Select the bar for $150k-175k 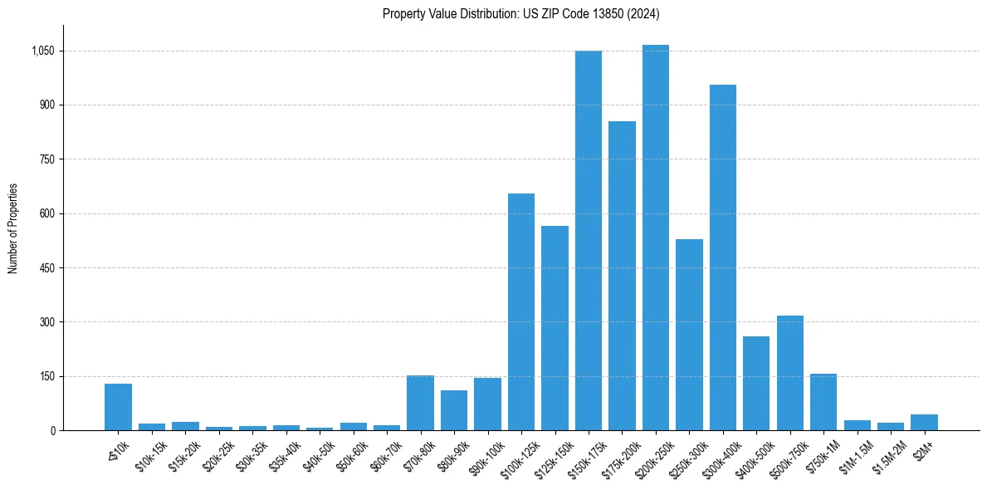(x=588, y=241)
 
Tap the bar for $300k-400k (x=722, y=257)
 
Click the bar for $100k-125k (x=520, y=312)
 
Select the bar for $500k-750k (x=789, y=373)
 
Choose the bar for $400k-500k (x=756, y=383)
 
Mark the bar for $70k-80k (x=420, y=403)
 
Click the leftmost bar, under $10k (x=118, y=407)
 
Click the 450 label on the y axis (x=47, y=267)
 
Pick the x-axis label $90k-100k (x=483, y=456)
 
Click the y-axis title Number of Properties (x=12, y=228)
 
